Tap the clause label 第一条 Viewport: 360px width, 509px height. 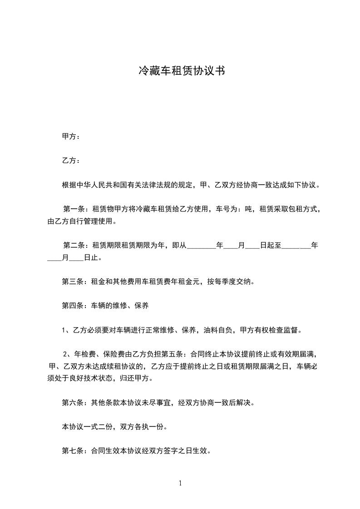coord(73,209)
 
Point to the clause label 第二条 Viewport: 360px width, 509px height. coord(73,245)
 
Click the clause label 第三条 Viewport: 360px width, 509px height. coord(71,282)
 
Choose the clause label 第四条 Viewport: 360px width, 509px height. coord(71,306)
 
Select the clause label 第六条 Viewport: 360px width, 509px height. coord(71,402)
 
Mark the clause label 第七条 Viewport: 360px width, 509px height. coord(71,451)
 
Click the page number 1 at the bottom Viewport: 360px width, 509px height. coord(180,483)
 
